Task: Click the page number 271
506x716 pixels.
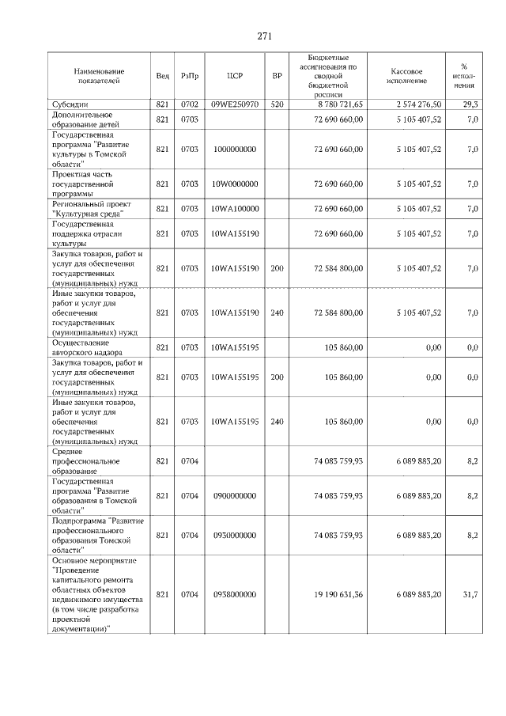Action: (x=265, y=36)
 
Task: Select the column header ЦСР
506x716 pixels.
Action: (x=234, y=76)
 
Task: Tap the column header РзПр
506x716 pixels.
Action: (x=189, y=76)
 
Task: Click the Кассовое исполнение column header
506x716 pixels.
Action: (x=407, y=76)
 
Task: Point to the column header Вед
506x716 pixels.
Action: (x=162, y=76)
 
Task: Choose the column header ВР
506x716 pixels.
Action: (x=277, y=76)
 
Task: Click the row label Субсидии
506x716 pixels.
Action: (x=71, y=104)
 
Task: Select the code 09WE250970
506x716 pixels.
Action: (x=234, y=104)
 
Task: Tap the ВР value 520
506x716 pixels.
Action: (x=277, y=104)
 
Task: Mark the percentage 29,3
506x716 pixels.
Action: (x=470, y=104)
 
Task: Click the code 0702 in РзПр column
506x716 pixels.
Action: (x=189, y=104)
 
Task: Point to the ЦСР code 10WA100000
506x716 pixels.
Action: (x=234, y=209)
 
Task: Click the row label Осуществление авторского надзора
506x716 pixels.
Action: (x=87, y=347)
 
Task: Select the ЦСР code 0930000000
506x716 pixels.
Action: (x=234, y=535)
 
